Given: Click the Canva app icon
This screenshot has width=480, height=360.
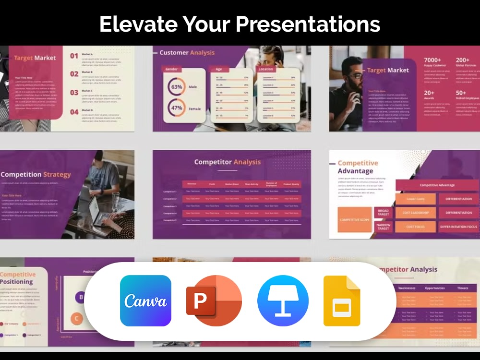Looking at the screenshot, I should pyautogui.click(x=145, y=300).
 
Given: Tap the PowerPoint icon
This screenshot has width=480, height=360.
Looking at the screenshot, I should pyautogui.click(x=214, y=300).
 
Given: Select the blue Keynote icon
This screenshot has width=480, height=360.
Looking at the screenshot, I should pyautogui.click(x=283, y=300).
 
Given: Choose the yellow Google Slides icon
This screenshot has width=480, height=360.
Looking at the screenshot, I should pyautogui.click(x=342, y=300).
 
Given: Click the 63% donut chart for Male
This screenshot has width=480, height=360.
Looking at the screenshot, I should pyautogui.click(x=176, y=87).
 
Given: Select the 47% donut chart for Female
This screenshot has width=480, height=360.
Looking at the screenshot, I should pyautogui.click(x=176, y=108).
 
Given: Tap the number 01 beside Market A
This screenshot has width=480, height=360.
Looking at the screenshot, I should pyautogui.click(x=74, y=56).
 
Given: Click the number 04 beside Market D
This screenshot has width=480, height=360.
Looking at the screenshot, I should pyautogui.click(x=74, y=112).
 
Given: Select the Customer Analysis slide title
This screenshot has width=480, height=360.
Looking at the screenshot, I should pyautogui.click(x=187, y=53).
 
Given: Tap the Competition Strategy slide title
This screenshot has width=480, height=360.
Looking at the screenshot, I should pyautogui.click(x=36, y=175).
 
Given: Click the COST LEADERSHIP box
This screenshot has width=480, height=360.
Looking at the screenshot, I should pyautogui.click(x=416, y=213).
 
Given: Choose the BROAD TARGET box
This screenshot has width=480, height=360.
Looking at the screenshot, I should pyautogui.click(x=384, y=213).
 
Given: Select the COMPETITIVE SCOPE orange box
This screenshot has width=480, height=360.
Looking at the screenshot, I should pyautogui.click(x=355, y=220).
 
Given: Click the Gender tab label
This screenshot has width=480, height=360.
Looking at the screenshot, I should pyautogui.click(x=171, y=69).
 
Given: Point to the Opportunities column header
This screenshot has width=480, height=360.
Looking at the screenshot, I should pyautogui.click(x=435, y=288).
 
